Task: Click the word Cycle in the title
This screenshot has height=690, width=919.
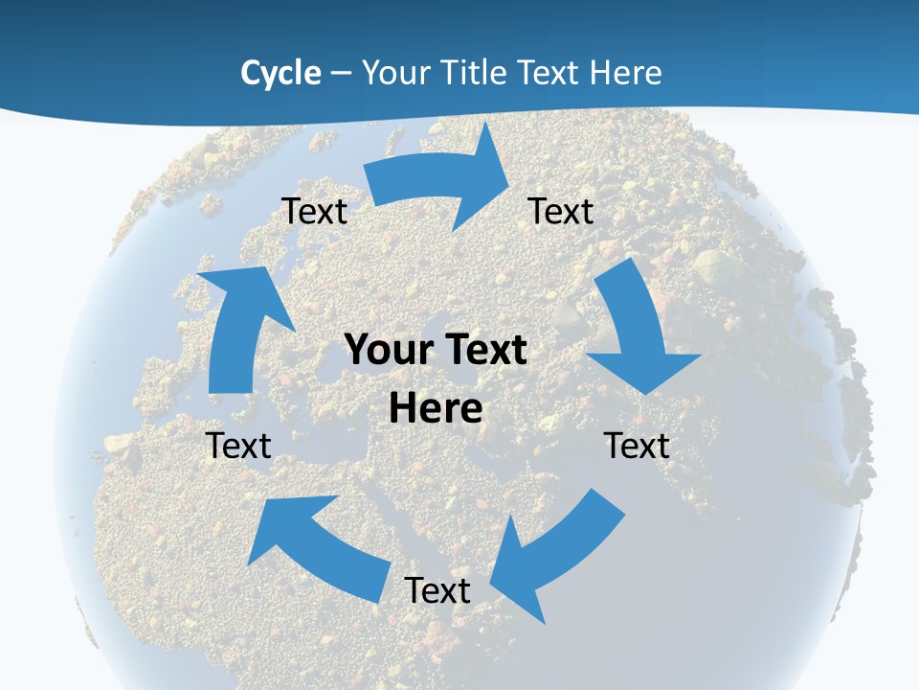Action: click(x=280, y=73)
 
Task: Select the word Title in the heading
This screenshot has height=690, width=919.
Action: click(x=473, y=73)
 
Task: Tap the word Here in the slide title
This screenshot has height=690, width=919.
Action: click(x=626, y=73)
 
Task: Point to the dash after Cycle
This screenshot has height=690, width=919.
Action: click(x=341, y=74)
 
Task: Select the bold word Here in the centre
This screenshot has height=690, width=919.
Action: click(x=436, y=408)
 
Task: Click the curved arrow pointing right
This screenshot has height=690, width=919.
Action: click(x=436, y=182)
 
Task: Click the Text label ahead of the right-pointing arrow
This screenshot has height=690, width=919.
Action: click(x=561, y=211)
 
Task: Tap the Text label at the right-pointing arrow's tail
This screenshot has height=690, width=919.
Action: click(x=314, y=211)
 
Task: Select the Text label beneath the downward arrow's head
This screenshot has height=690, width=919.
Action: click(x=637, y=446)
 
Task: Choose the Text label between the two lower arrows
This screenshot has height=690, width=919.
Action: click(x=437, y=590)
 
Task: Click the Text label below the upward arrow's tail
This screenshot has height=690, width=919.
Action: click(x=238, y=446)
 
